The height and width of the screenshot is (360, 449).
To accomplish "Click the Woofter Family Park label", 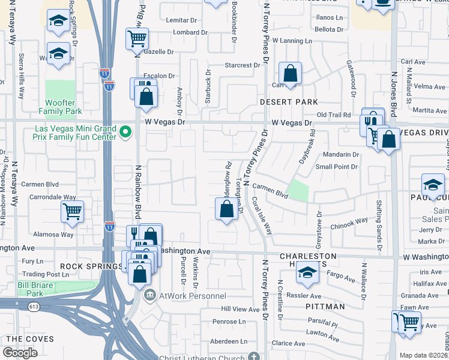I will coord(60,107).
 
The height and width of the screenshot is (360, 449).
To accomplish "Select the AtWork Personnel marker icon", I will coord(149,295).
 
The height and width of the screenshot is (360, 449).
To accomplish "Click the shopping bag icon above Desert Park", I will coord(290,75).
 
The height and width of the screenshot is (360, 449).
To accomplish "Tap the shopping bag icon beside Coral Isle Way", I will coord(226,210).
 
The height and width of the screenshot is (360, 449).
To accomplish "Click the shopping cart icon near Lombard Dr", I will coord(137,40).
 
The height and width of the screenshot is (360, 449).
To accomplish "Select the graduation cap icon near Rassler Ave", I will coord(307,274).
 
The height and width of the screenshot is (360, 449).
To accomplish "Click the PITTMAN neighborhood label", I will coord(328,307).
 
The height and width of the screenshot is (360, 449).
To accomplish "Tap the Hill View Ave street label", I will coord(241,309).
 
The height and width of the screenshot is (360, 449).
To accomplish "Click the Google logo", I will coord(20,353).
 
